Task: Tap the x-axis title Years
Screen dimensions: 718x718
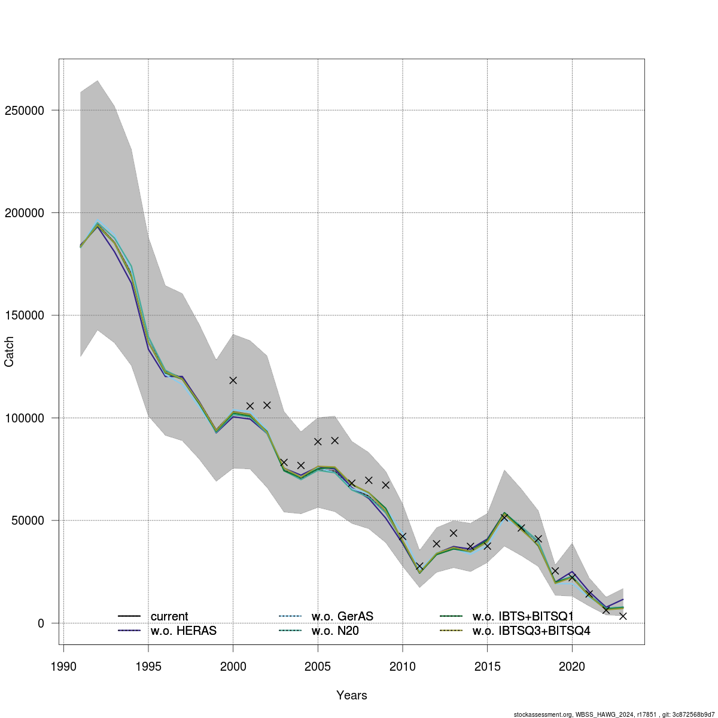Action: [x=352, y=695]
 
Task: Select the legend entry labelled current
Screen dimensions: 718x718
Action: [x=169, y=616]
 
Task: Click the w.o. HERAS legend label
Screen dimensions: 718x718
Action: [x=184, y=631]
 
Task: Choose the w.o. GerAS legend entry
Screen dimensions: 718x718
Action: [x=342, y=616]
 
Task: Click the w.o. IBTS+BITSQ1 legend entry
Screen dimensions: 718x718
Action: [x=523, y=616]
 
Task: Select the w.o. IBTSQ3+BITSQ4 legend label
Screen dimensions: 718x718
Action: [x=531, y=631]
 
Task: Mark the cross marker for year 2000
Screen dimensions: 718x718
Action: [x=233, y=380]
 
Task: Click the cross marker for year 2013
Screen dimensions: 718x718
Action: [x=454, y=533]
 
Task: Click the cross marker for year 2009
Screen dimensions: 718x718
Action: [x=385, y=485]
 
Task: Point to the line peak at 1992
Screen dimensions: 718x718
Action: [x=98, y=224]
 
